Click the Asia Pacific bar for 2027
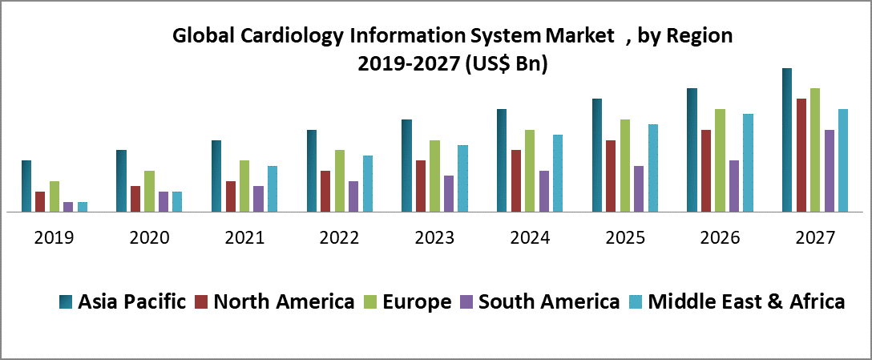tap(787, 140)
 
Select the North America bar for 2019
tap(40, 202)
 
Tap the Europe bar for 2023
tap(434, 176)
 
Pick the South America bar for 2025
tap(639, 189)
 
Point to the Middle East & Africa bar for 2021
tap(272, 189)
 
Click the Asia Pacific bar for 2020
tap(121, 181)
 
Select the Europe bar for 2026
tap(720, 160)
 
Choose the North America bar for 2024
tap(516, 181)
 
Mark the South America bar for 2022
tap(353, 196)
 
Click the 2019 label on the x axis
tap(54, 238)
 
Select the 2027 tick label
tap(815, 238)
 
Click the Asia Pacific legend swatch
tap(66, 302)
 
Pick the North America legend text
tap(285, 302)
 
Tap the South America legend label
tap(548, 302)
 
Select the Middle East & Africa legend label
tap(746, 302)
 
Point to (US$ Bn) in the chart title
tap(506, 64)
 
